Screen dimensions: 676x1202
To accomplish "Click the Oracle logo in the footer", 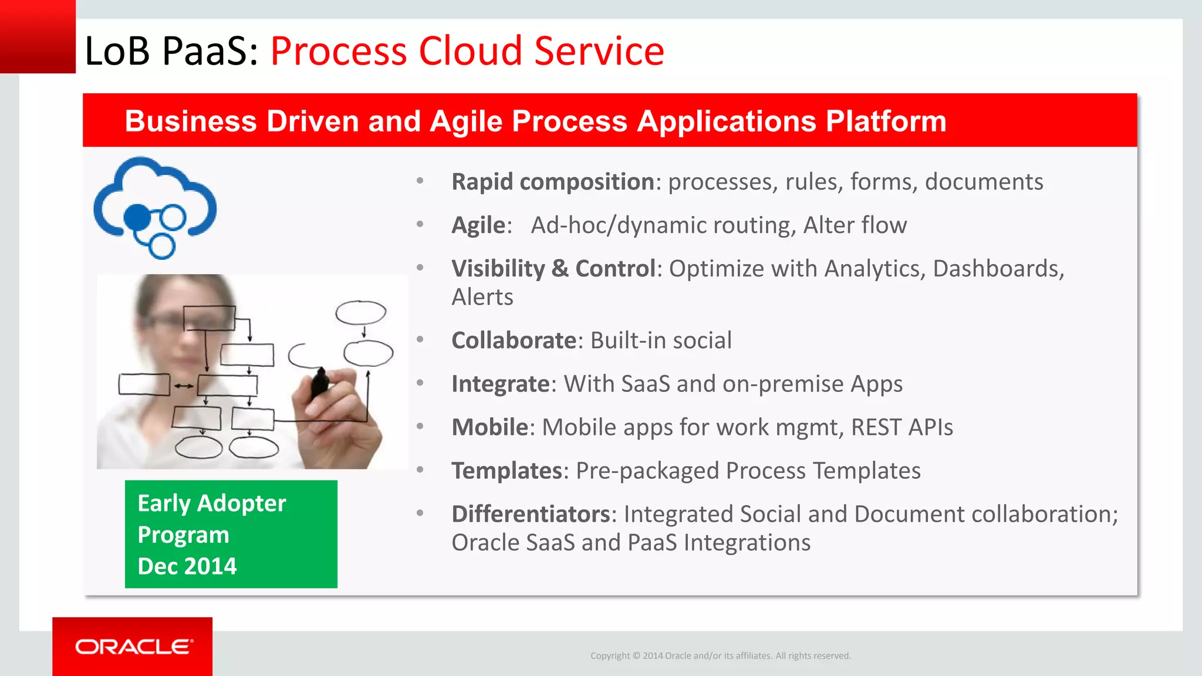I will (133, 647).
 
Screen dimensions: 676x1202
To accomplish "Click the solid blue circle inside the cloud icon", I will (138, 217).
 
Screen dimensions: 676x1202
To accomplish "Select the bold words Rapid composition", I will (552, 182).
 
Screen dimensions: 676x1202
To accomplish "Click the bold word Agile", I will (478, 225).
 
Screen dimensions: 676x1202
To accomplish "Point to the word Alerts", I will (482, 298).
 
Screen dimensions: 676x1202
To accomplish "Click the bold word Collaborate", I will (514, 340).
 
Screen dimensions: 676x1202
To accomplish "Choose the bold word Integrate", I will (500, 384).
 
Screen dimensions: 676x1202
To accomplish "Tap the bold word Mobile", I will (489, 427).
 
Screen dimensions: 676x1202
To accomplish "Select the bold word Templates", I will (507, 471).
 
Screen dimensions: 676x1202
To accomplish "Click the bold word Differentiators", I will (531, 514).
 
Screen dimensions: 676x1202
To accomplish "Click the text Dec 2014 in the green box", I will (187, 566).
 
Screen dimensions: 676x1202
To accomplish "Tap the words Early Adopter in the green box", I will (211, 503).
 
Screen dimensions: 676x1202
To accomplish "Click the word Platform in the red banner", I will (886, 121).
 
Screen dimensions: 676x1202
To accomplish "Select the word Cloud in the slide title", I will (470, 51).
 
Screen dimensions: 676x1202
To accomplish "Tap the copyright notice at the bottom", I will (720, 655).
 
